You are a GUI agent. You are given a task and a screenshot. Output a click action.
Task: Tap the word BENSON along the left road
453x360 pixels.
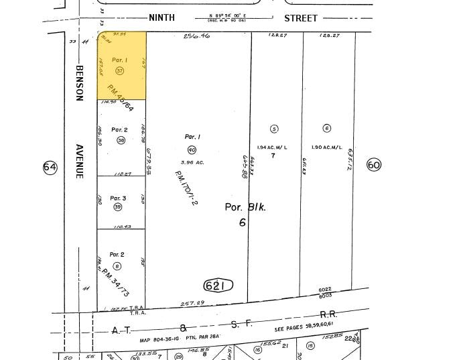tap(79, 83)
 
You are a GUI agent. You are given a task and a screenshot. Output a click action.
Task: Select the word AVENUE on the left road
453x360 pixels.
tap(79, 161)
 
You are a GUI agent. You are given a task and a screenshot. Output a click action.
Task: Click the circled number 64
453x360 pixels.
tap(50, 167)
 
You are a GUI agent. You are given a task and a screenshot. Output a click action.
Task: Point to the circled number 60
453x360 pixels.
tap(374, 164)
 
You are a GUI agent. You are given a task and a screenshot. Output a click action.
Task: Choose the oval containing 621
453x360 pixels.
tap(218, 286)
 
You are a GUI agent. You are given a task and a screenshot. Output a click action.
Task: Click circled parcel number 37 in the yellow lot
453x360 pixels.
tap(120, 70)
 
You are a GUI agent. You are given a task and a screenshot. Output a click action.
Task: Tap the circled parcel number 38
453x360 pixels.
tap(121, 140)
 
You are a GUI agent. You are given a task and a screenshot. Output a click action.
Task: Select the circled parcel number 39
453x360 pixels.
tap(118, 207)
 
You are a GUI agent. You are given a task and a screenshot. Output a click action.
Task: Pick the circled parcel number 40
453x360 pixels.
tap(192, 149)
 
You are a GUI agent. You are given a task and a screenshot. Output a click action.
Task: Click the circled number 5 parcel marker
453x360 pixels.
tap(273, 129)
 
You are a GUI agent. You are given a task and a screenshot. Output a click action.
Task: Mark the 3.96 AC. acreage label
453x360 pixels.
tap(192, 161)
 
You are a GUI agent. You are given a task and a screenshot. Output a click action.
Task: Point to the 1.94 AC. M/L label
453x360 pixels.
tap(272, 147)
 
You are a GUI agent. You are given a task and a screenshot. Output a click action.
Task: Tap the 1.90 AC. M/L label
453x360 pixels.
tap(327, 147)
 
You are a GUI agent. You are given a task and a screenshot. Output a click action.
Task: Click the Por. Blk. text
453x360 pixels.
tap(245, 207)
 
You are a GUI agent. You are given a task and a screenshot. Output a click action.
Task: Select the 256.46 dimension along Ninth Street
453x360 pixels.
tap(196, 36)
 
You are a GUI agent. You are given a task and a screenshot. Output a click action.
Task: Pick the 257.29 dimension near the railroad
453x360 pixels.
tap(193, 304)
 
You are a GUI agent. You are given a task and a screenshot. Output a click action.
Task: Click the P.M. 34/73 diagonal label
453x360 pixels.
tap(115, 282)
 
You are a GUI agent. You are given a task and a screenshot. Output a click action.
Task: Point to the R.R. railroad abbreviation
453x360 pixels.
tap(328, 314)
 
